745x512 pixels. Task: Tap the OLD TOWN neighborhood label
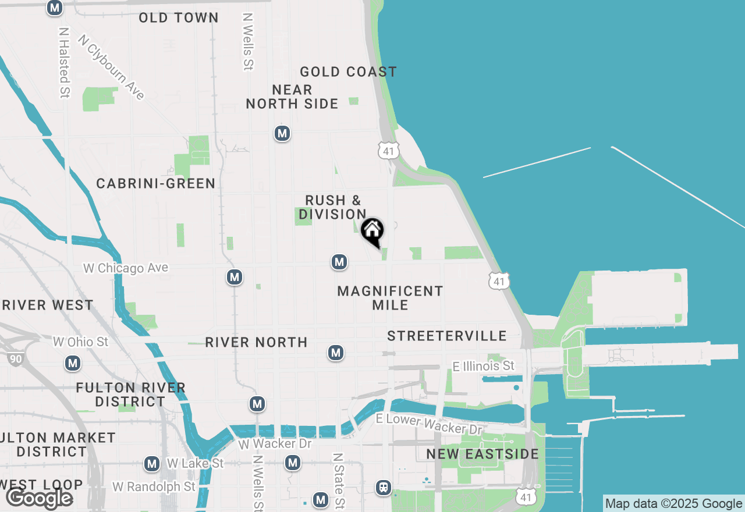pyautogui.click(x=179, y=18)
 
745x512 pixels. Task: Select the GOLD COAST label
pyautogui.click(x=348, y=72)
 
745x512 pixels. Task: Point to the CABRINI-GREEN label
pyautogui.click(x=156, y=184)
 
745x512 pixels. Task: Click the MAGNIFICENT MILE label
pyautogui.click(x=390, y=297)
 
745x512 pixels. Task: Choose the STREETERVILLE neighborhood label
pyautogui.click(x=447, y=336)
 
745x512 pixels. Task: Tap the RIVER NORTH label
pyautogui.click(x=256, y=342)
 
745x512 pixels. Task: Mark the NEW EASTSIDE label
pyautogui.click(x=483, y=454)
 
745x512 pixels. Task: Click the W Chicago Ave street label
pyautogui.click(x=126, y=268)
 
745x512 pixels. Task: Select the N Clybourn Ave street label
pyautogui.click(x=111, y=67)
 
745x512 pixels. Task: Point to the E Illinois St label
pyautogui.click(x=484, y=366)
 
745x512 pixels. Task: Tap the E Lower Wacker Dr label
pyautogui.click(x=429, y=424)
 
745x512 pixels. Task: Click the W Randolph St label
pyautogui.click(x=154, y=486)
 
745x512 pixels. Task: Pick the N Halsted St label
pyautogui.click(x=65, y=62)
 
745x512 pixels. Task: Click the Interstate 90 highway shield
pyautogui.click(x=16, y=359)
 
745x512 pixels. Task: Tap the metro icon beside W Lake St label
pyautogui.click(x=152, y=464)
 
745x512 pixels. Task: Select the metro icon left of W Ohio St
pyautogui.click(x=72, y=364)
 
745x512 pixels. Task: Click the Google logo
pyautogui.click(x=39, y=498)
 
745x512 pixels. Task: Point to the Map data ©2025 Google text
pyautogui.click(x=673, y=504)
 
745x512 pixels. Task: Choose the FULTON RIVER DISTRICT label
pyautogui.click(x=130, y=394)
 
